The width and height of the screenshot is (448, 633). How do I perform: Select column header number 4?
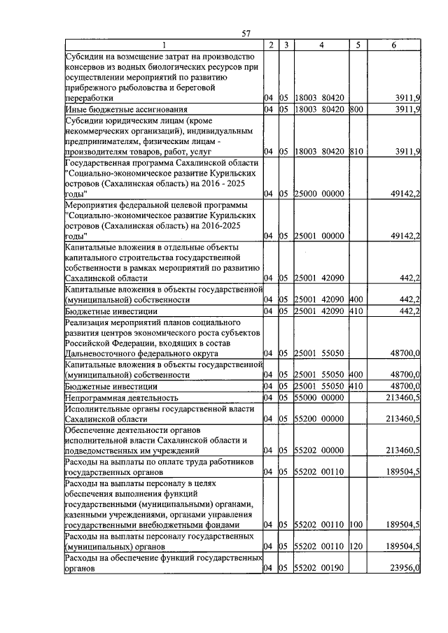(320, 45)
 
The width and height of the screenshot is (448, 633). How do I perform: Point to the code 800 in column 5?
(356, 111)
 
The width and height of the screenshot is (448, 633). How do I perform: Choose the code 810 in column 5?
(356, 152)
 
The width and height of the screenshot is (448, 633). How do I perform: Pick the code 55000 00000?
(320, 397)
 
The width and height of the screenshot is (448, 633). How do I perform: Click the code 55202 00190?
(320, 569)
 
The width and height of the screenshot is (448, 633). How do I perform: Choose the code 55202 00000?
(320, 450)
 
